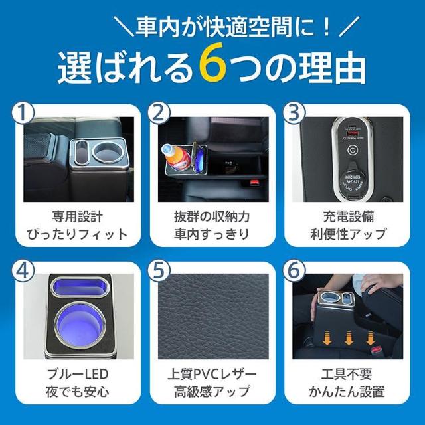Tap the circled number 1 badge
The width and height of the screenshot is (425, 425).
coord(24,114)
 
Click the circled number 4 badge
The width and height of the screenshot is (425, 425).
coord(24,272)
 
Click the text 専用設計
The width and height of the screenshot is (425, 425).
coord(78,216)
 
